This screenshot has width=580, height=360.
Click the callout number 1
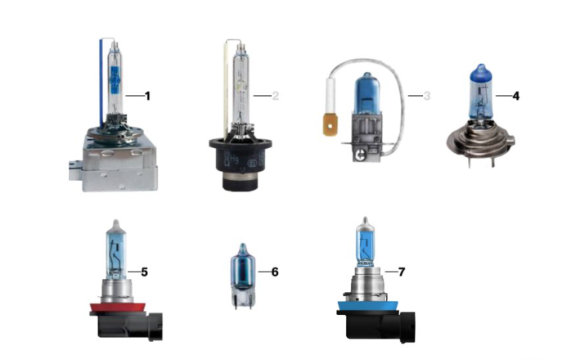147,97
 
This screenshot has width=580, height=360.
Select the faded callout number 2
275,97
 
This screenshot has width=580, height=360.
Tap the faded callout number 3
427,97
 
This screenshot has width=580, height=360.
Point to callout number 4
516,97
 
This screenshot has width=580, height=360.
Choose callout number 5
145,272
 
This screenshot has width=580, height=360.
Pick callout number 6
275,272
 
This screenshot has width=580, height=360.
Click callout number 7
402,272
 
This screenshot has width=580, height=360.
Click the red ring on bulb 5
118,307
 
